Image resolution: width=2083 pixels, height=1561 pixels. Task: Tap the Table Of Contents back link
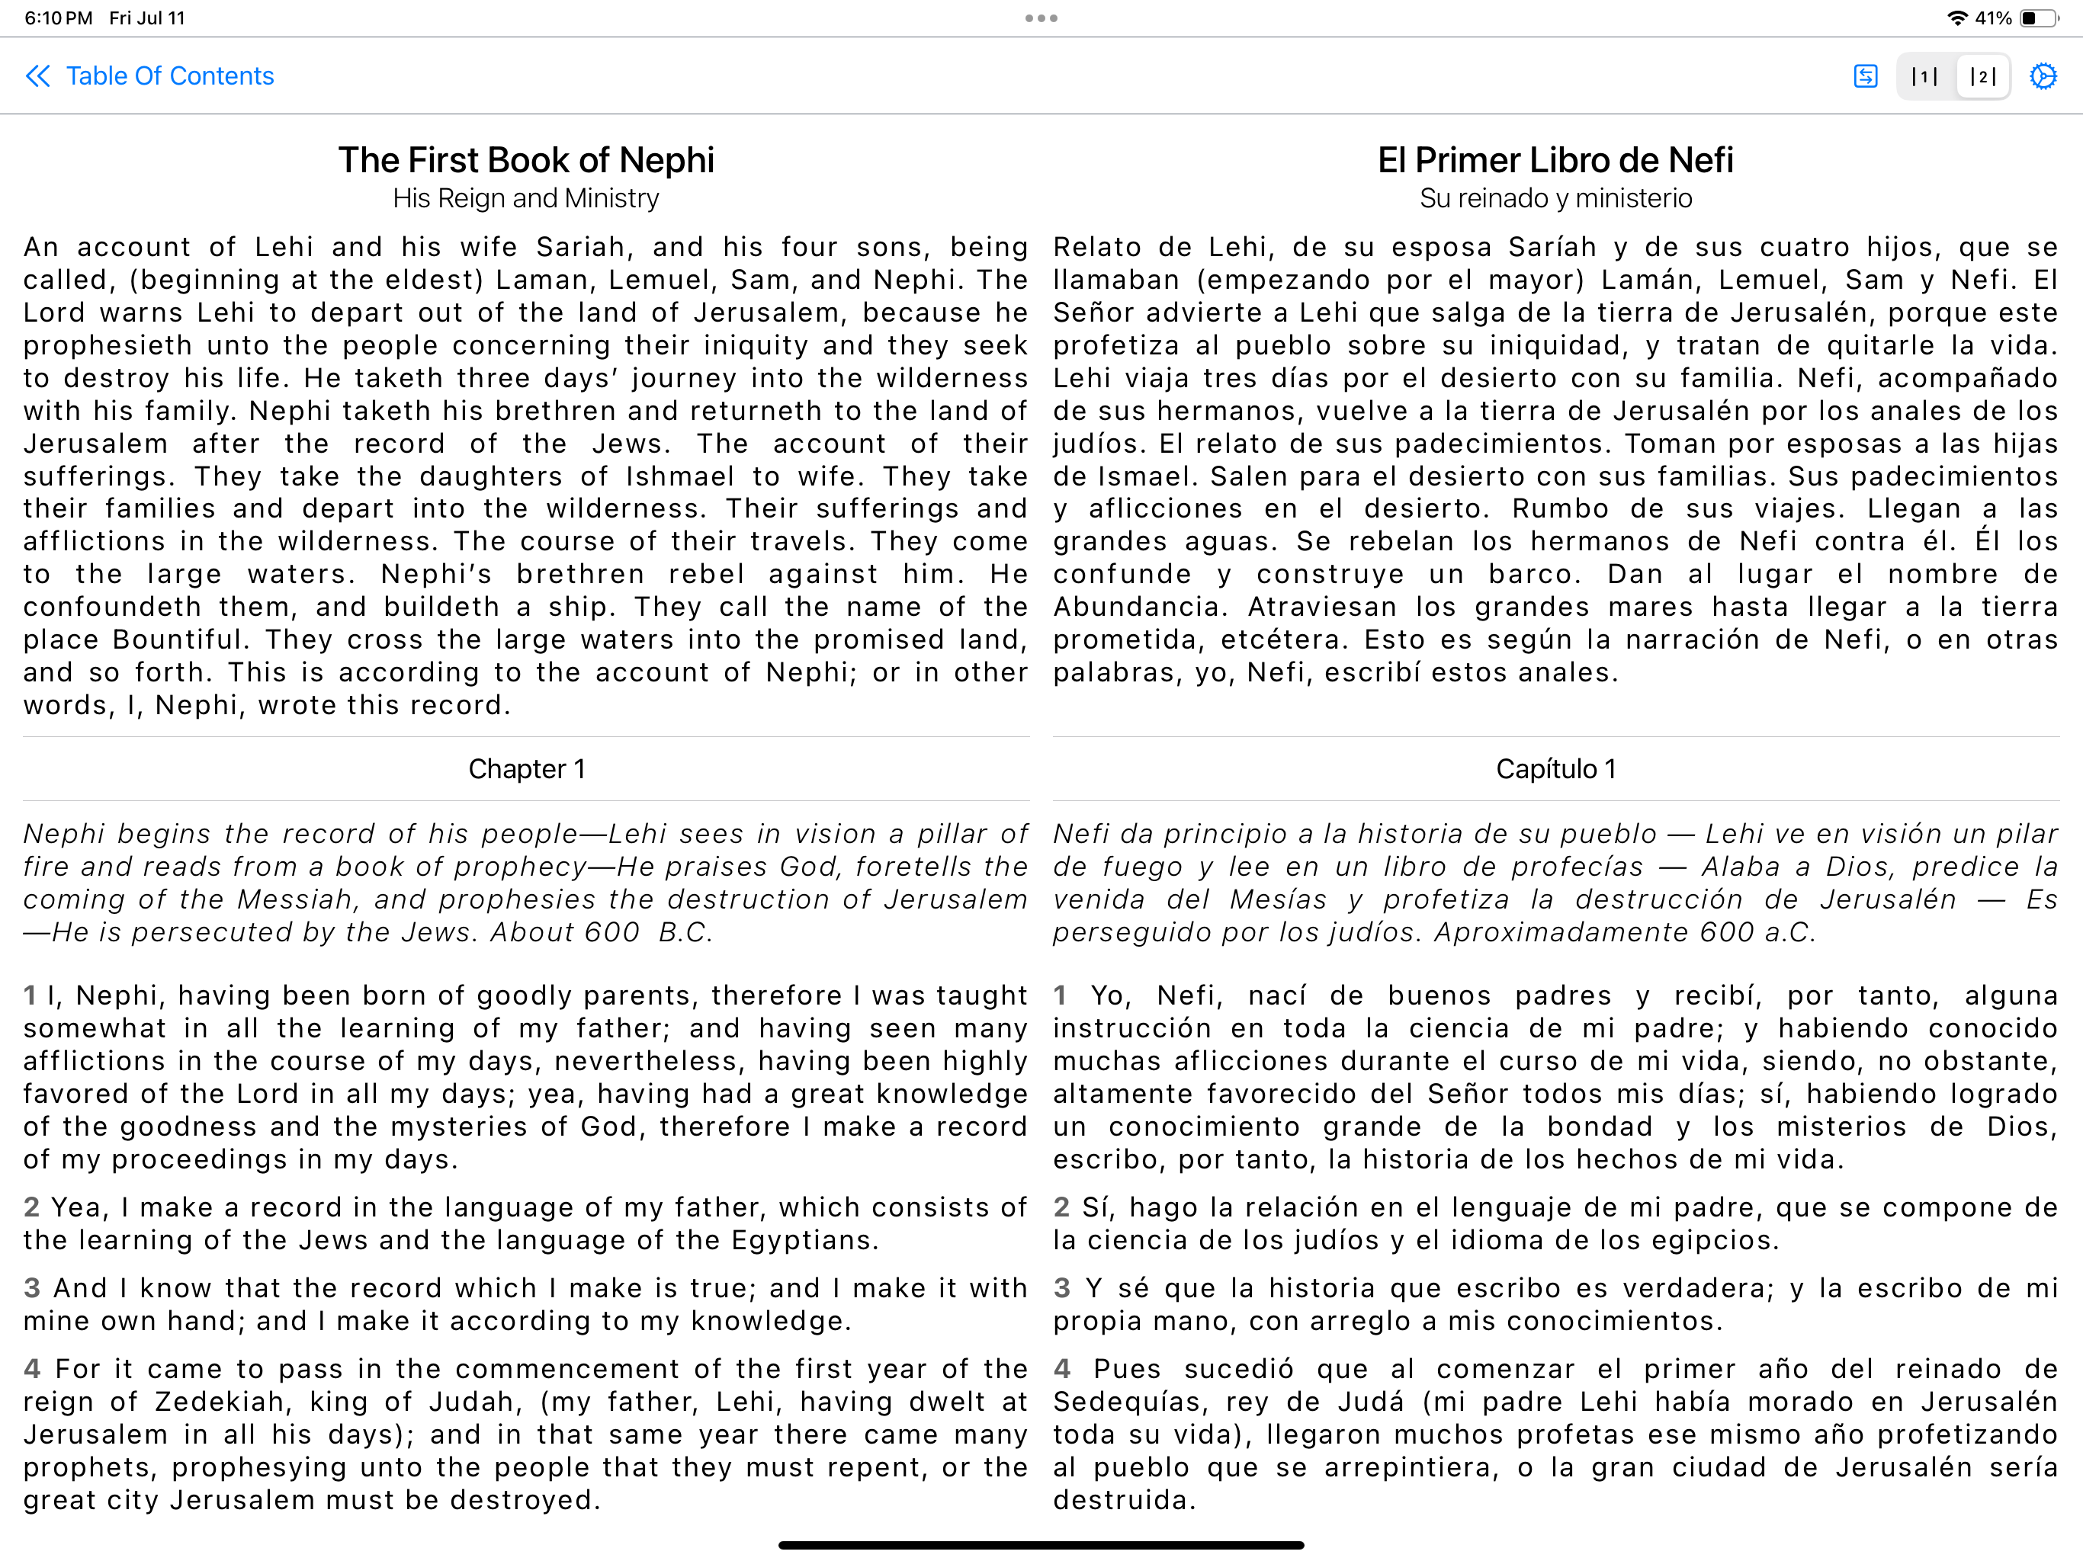151,76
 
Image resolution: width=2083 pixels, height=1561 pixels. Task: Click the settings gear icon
2043,76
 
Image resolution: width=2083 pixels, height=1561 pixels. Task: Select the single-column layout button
1924,76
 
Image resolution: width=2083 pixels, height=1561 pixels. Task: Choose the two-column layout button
1982,76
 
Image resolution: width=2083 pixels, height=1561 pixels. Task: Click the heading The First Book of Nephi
525,160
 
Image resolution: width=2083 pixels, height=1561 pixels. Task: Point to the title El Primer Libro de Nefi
1555,160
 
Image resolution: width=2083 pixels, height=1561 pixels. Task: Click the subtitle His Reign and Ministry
525,199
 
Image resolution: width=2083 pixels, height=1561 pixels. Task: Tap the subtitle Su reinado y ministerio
1555,199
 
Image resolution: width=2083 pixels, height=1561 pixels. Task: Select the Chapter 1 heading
526,769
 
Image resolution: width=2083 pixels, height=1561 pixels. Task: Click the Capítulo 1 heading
1555,769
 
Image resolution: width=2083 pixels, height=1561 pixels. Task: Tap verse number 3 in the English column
32,1288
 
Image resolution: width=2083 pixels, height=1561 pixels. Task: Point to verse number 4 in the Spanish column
1062,1369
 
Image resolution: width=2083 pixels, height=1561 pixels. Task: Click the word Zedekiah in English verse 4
219,1402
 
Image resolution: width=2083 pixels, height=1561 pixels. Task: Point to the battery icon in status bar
2039,18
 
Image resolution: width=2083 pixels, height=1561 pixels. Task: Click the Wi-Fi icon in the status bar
1956,18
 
